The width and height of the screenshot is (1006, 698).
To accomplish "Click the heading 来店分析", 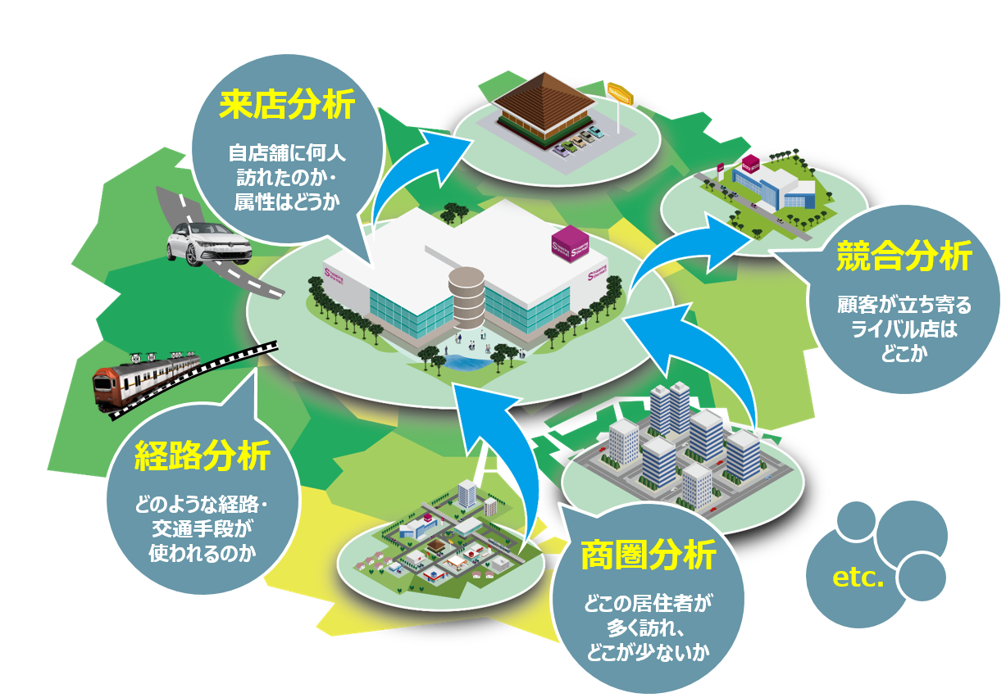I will [286, 107].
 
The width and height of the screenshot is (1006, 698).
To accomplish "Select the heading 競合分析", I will [904, 257].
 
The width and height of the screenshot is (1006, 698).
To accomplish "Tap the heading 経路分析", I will [202, 456].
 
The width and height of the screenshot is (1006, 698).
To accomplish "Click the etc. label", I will [858, 578].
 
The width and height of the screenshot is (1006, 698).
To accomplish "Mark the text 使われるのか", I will [202, 552].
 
